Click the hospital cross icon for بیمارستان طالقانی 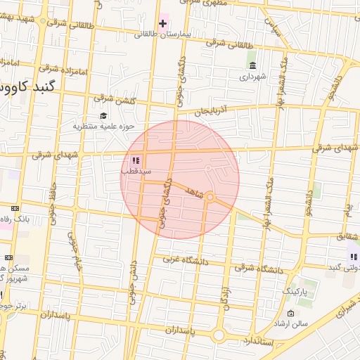[x=163, y=23]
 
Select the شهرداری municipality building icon [x=251, y=65]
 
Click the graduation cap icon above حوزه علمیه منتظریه [x=103, y=116]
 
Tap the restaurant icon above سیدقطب [x=135, y=161]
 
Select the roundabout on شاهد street [x=210, y=197]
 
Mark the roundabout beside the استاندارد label [x=219, y=336]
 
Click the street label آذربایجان [x=212, y=110]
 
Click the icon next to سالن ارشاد [x=291, y=313]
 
